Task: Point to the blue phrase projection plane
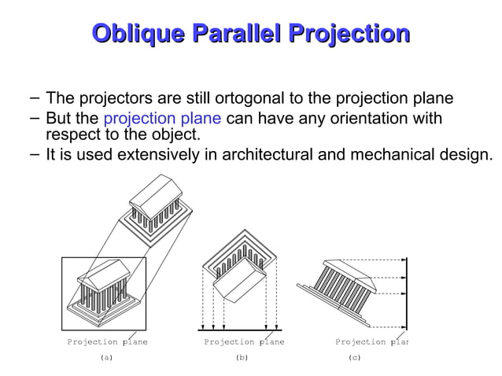163,120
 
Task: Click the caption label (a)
106,357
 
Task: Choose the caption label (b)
242,357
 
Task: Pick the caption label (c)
354,357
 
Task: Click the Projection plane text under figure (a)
107,342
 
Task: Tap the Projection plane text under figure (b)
244,342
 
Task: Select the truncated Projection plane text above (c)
371,342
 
